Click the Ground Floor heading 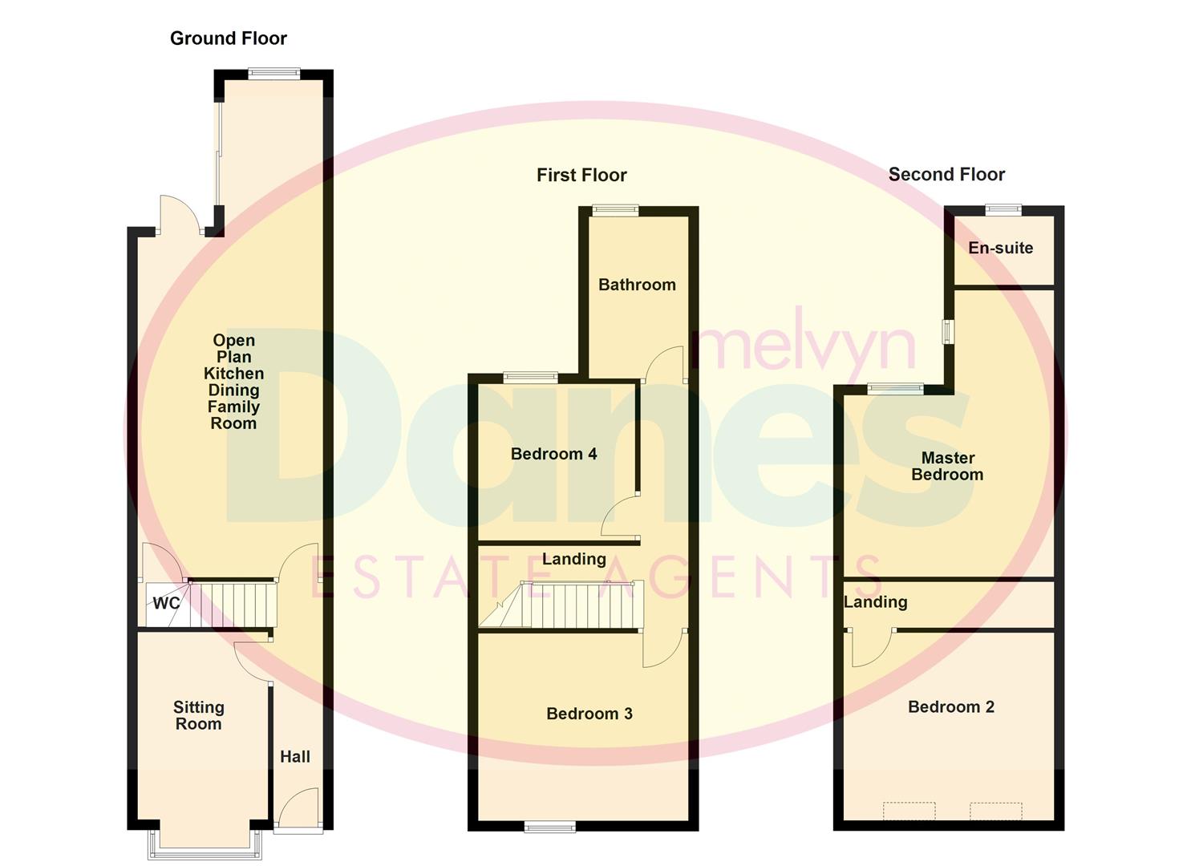pos(228,38)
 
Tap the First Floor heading pos(581,175)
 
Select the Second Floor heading pos(946,174)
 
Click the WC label pos(166,603)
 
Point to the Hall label pos(294,756)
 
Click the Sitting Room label pos(198,715)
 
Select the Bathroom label pos(637,285)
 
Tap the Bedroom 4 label pos(553,454)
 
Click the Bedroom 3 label pos(589,714)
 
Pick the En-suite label pos(1000,248)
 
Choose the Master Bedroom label pos(947,466)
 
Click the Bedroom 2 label pos(951,706)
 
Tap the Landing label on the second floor pos(876,602)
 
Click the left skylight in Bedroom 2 pos(909,811)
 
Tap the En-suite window pos(1003,210)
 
